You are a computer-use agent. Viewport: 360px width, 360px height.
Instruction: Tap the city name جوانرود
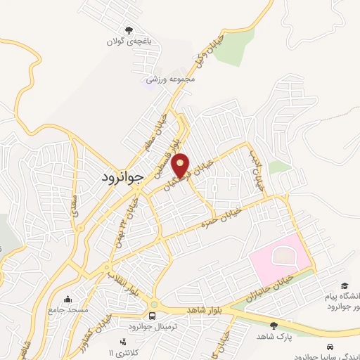click(x=118, y=180)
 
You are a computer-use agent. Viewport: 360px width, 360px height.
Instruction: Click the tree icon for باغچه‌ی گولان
click(x=128, y=30)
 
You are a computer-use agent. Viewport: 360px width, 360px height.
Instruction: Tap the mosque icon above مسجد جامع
click(x=67, y=298)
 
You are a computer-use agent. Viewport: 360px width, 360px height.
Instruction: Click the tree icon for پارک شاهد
click(x=274, y=325)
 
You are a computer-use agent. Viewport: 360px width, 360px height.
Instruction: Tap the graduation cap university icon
click(x=345, y=285)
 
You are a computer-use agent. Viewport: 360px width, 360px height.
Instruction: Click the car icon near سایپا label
click(x=330, y=347)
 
